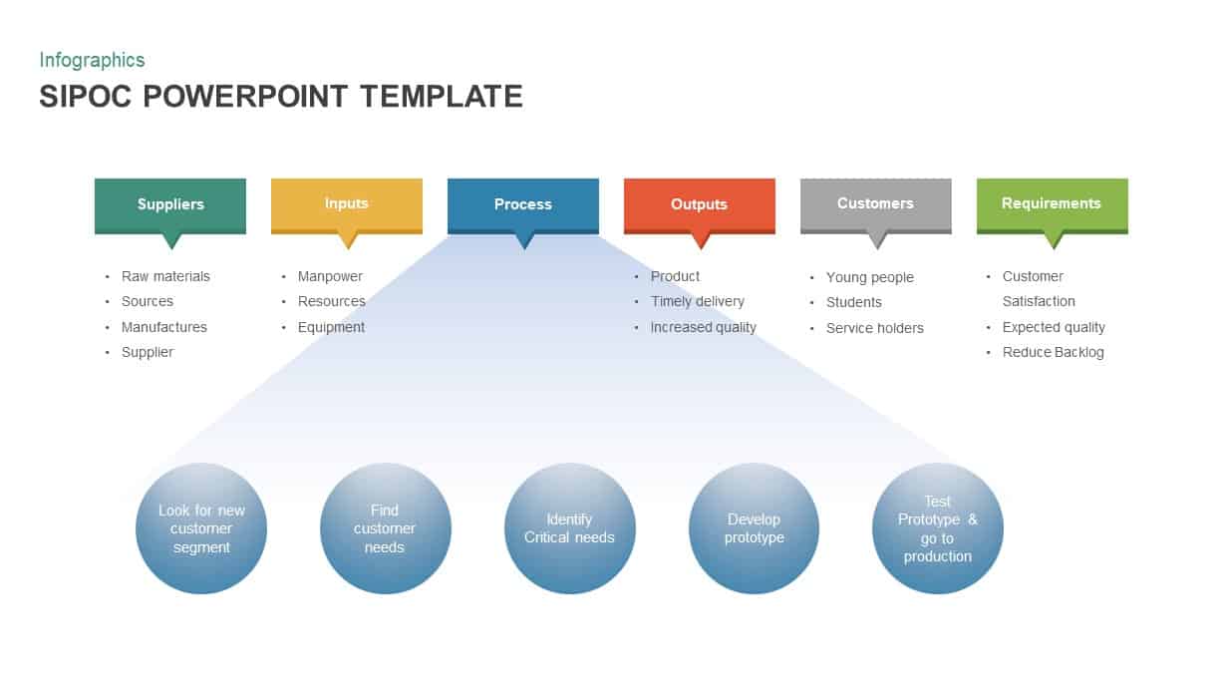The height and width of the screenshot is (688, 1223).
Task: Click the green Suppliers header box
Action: pyautogui.click(x=170, y=204)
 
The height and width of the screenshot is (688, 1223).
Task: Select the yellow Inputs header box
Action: pyautogui.click(x=347, y=203)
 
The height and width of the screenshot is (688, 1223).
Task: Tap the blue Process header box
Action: pyautogui.click(x=523, y=204)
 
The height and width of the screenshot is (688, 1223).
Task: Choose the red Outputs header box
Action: pyautogui.click(x=699, y=204)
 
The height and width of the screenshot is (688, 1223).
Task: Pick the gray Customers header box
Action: pyautogui.click(x=875, y=203)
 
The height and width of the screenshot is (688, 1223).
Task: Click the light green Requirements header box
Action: pyautogui.click(x=1052, y=203)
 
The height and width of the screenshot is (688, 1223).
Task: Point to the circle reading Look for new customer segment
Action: pyautogui.click(x=201, y=528)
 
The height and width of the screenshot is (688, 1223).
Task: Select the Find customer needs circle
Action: pyautogui.click(x=385, y=528)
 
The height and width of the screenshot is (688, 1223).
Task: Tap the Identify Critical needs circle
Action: pyautogui.click(x=569, y=528)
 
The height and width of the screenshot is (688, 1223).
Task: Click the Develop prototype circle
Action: pyautogui.click(x=754, y=528)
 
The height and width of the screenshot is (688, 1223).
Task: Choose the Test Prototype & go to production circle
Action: pyautogui.click(x=937, y=528)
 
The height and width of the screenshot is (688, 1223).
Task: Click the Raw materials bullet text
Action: pyautogui.click(x=165, y=276)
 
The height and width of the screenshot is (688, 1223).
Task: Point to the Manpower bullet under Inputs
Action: pyautogui.click(x=330, y=276)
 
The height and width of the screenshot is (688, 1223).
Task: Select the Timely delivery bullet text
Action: pyautogui.click(x=698, y=301)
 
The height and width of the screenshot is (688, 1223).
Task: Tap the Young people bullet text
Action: pyautogui.click(x=869, y=277)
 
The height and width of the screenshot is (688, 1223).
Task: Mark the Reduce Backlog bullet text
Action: pyautogui.click(x=1053, y=352)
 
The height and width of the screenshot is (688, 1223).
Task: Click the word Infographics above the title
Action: pyautogui.click(x=92, y=60)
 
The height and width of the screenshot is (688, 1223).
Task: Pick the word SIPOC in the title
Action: pyautogui.click(x=87, y=97)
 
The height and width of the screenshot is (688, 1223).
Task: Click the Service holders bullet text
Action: pyautogui.click(x=874, y=328)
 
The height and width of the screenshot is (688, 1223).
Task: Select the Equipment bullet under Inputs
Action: pyautogui.click(x=331, y=327)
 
